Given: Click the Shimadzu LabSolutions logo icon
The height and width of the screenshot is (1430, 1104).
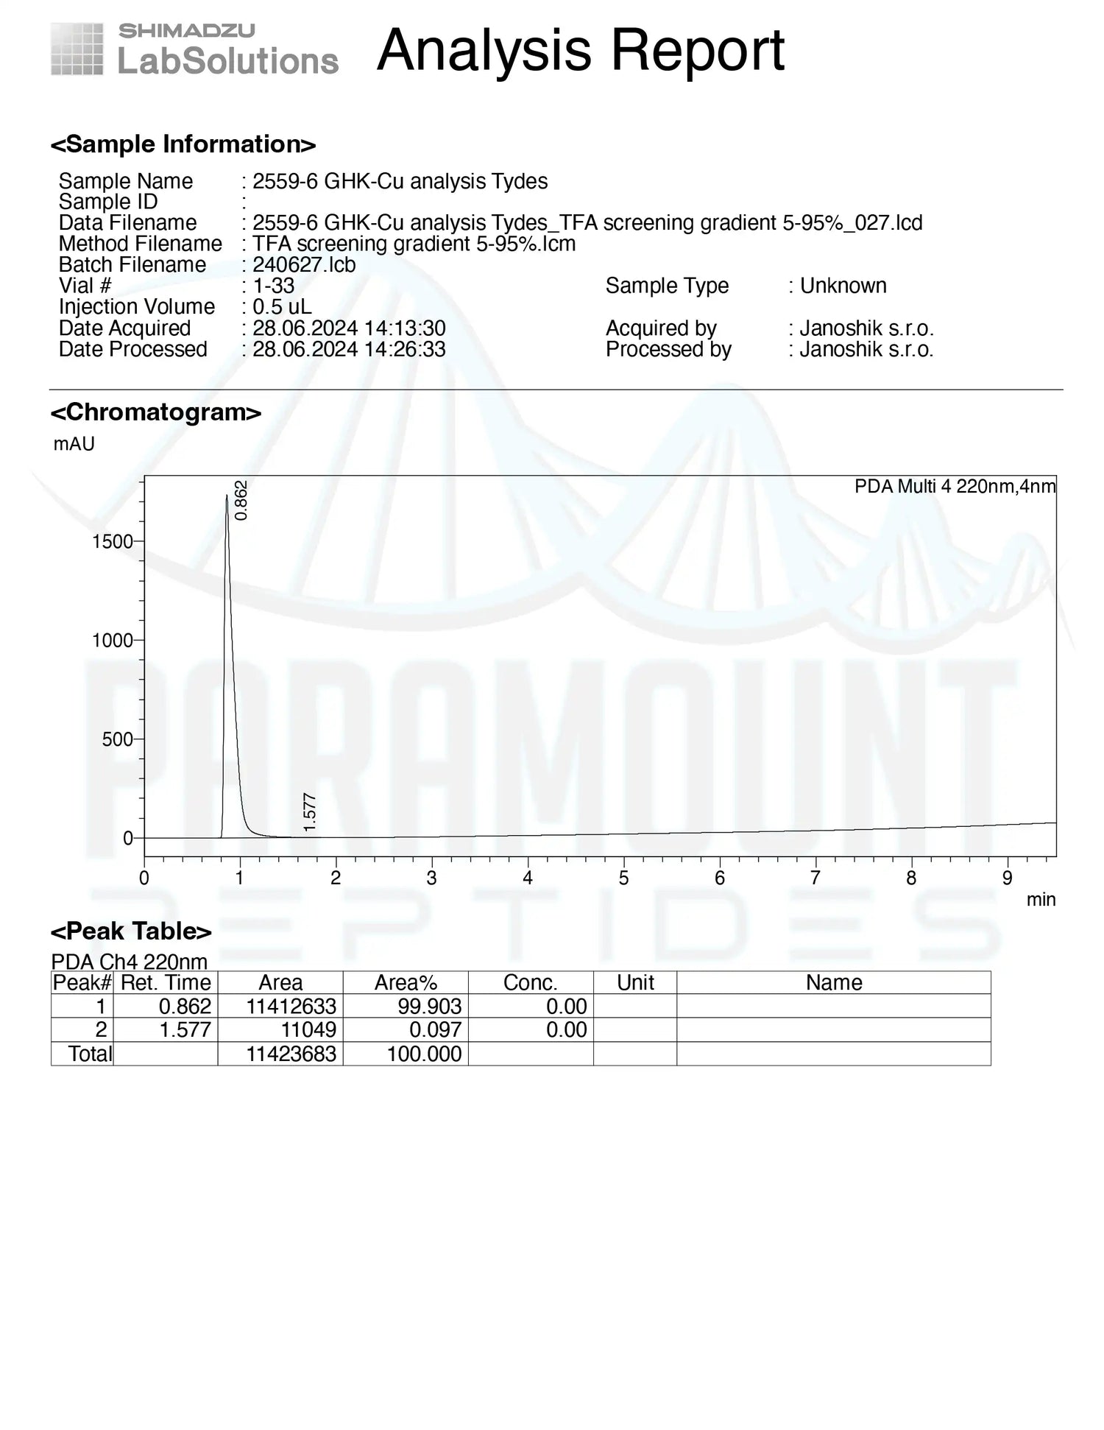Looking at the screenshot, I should tap(77, 49).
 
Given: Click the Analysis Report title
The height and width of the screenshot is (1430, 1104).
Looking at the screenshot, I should tap(580, 50).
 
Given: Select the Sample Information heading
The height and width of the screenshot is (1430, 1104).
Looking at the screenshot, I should tap(183, 144).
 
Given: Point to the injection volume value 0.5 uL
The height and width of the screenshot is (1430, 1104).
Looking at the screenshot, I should tap(282, 306).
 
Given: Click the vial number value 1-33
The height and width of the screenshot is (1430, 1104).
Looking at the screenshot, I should tap(273, 286).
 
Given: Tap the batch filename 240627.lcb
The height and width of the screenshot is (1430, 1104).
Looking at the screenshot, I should tap(304, 264).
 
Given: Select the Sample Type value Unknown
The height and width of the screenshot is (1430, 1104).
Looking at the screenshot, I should tap(843, 286).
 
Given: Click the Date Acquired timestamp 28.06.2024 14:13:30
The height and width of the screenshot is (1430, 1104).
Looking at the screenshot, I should tap(349, 328).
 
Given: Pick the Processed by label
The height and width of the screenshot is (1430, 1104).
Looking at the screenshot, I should tap(668, 349).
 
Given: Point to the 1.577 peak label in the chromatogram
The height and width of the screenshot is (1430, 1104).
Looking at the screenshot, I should tap(310, 813).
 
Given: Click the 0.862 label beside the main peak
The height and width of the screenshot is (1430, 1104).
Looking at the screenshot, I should tap(241, 500).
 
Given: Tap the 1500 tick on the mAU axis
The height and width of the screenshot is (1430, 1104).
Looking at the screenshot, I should tap(112, 542).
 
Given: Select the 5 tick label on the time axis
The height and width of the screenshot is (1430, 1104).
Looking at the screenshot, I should tap(623, 878).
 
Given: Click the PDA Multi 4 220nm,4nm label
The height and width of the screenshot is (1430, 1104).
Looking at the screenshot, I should tap(955, 486).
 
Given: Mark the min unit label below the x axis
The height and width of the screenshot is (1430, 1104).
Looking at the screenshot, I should tap(1041, 899).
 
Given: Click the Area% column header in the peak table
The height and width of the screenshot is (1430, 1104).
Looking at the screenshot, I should tap(406, 982).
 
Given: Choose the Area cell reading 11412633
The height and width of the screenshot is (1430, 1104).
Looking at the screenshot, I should tap(291, 1006).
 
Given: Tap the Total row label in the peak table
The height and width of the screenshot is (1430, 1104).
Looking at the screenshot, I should tap(90, 1054).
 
